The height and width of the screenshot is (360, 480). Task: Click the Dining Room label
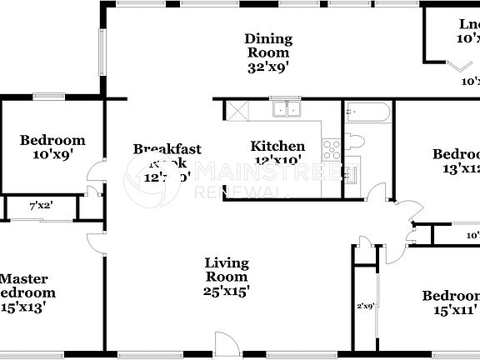coord(268,45)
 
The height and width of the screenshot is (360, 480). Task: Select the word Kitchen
coord(277,147)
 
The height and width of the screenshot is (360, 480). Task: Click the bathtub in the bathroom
coord(367,110)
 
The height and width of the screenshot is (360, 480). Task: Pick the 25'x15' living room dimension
coord(227,291)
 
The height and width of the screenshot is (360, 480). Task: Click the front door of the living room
coord(224,343)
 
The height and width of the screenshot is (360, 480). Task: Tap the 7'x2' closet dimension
coord(42,204)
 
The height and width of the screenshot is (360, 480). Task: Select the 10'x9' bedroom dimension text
coord(52,155)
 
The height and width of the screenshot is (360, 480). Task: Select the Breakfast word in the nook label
coord(167,149)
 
